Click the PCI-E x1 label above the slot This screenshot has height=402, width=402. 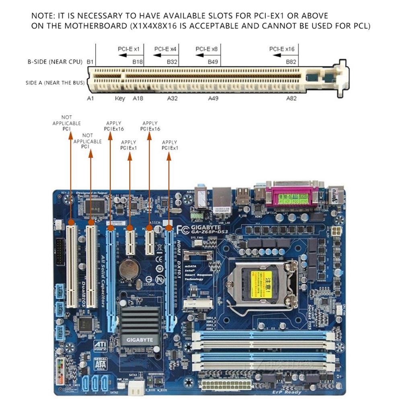point(128,49)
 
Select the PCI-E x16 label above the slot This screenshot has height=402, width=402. point(282,49)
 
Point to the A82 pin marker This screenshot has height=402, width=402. point(291,98)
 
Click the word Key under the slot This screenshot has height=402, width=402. point(120,98)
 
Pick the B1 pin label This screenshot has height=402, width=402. point(90,62)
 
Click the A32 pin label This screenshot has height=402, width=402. point(172,98)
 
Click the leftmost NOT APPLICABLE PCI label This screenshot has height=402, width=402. point(67,123)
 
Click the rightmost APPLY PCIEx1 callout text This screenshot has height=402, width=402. point(170,145)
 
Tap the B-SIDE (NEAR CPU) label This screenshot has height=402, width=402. point(55,62)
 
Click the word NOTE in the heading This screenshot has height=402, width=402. point(42,16)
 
